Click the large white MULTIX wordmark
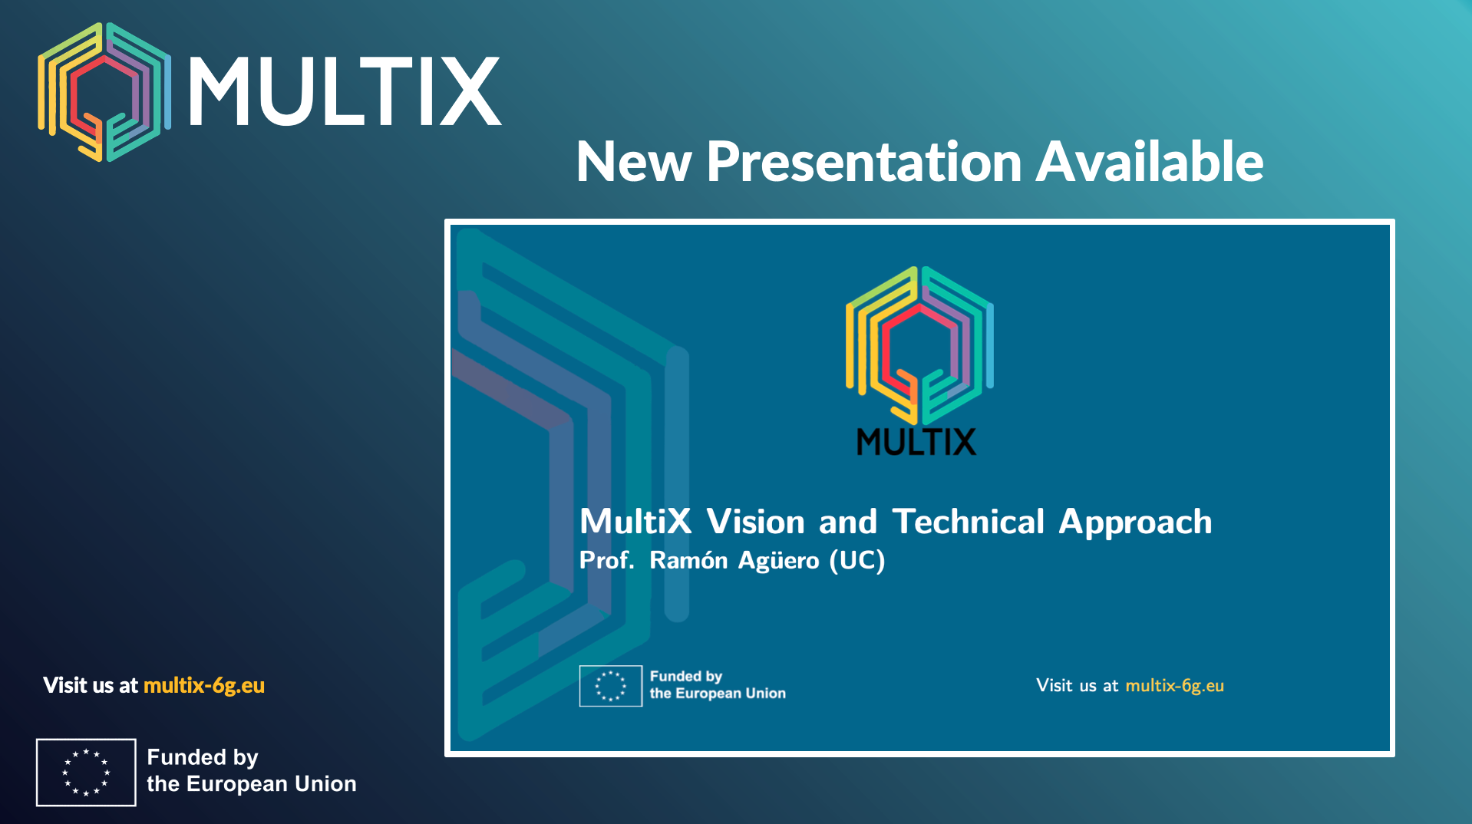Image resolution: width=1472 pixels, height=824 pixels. point(345,91)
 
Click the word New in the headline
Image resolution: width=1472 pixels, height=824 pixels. point(634,162)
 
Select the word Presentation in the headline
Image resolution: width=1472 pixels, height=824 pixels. point(863,162)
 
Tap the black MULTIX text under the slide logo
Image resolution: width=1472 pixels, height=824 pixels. point(916,442)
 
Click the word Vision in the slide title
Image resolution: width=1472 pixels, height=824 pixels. point(755,522)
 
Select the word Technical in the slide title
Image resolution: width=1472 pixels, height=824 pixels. point(969,522)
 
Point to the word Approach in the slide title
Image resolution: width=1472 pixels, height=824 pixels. point(1136,524)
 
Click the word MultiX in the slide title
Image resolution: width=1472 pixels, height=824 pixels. point(635,522)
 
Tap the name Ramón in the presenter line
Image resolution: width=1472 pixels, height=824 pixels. point(688,560)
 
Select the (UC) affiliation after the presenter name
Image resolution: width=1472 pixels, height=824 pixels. point(857,560)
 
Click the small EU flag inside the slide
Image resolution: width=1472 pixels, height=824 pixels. point(611,686)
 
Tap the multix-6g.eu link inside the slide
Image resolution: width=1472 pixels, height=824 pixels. point(1174,686)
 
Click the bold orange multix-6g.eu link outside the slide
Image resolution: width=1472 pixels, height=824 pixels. point(204,685)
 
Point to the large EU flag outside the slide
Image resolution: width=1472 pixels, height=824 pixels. point(86,773)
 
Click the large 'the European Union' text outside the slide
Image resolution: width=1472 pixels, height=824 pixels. point(252,784)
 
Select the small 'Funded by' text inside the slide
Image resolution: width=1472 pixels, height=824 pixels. point(686,677)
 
